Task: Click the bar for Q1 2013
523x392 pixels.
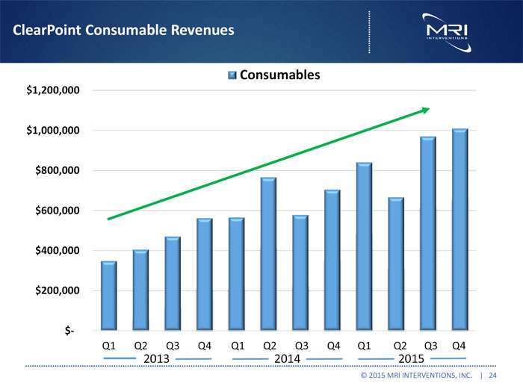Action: pos(108,296)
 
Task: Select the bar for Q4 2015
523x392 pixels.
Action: pos(459,229)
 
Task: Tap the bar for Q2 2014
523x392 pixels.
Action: pos(268,254)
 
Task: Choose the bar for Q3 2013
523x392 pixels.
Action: pos(173,284)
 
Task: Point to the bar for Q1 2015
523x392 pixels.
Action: pos(364,246)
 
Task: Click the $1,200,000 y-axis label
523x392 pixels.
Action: pos(54,90)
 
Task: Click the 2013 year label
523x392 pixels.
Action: pos(155,359)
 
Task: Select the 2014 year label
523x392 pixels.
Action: pos(287,359)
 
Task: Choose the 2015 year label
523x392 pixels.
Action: pos(412,359)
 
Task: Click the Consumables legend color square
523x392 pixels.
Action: pos(232,75)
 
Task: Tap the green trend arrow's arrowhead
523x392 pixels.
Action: pos(426,110)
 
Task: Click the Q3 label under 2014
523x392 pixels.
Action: pos(302,345)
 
